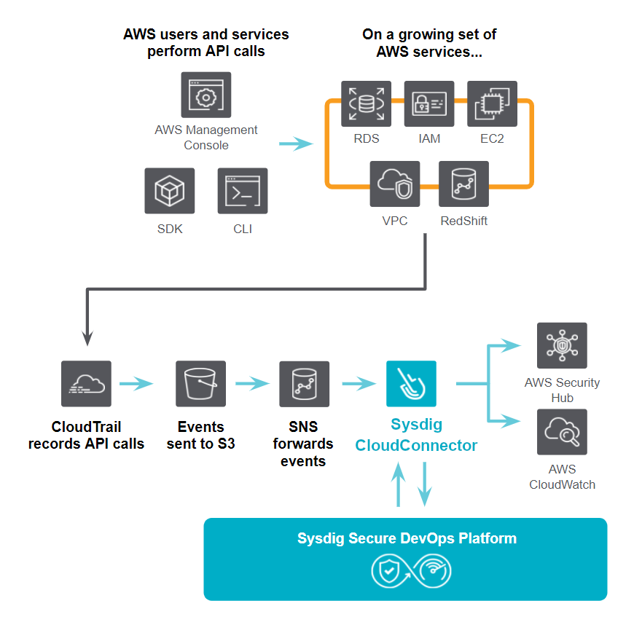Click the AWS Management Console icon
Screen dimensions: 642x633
206,95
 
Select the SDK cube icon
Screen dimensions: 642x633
170,191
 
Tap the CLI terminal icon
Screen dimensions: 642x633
243,191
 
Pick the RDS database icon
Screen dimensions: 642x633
366,104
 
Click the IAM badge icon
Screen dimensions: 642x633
429,104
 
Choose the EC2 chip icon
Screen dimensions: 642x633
492,104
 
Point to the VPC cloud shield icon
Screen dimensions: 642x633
395,184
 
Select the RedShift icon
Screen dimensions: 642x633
464,184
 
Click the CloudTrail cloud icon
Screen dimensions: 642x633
87,384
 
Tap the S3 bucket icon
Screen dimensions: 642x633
200,384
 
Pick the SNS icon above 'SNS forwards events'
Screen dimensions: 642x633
304,384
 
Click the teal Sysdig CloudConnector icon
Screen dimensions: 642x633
412,384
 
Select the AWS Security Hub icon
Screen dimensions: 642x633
562,345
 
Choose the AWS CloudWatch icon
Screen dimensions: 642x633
562,432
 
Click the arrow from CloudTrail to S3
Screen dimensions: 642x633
136,383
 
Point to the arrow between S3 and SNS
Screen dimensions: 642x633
253,383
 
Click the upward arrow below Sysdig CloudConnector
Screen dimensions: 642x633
399,484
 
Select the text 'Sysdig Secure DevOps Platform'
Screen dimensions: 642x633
407,538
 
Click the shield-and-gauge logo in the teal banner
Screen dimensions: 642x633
411,571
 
